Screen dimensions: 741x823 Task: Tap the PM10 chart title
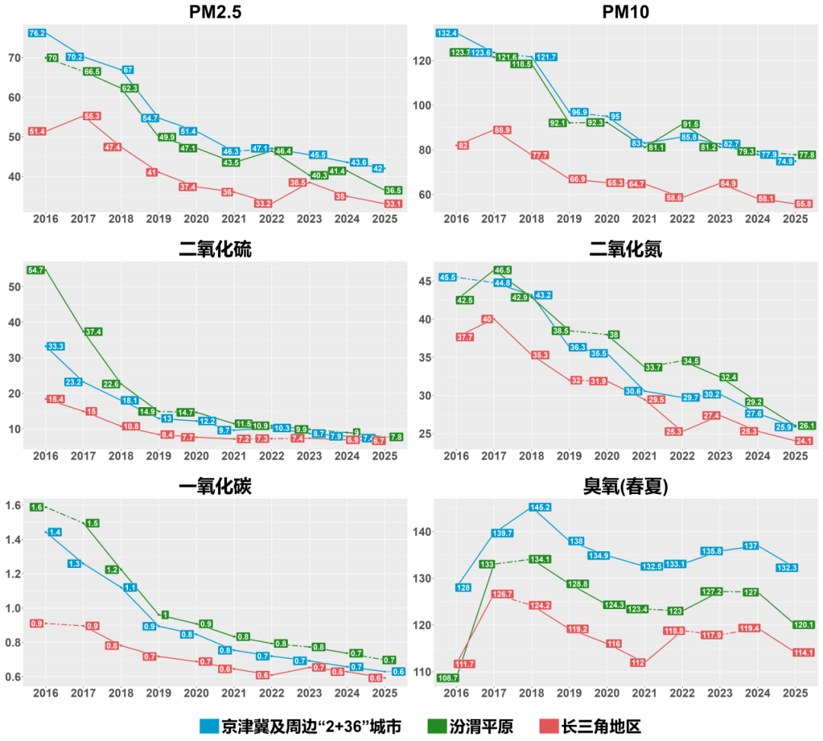pyautogui.click(x=625, y=13)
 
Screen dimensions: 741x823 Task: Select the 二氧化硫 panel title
pyautogui.click(x=214, y=249)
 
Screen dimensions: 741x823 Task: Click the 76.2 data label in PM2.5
pyautogui.click(x=37, y=34)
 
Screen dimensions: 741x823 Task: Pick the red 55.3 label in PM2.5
pyautogui.click(x=92, y=116)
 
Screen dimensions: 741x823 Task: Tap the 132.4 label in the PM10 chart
pyautogui.click(x=447, y=34)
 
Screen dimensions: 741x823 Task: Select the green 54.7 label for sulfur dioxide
pyautogui.click(x=36, y=270)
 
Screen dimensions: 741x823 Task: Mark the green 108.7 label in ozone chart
pyautogui.click(x=447, y=677)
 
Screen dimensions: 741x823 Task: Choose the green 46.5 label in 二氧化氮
pyautogui.click(x=502, y=270)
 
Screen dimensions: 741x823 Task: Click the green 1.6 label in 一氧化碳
pyautogui.click(x=37, y=507)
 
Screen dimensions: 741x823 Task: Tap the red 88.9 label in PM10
pyautogui.click(x=502, y=130)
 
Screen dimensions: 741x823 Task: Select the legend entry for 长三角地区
pyautogui.click(x=597, y=725)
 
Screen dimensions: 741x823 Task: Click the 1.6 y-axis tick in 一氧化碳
pyautogui.click(x=12, y=505)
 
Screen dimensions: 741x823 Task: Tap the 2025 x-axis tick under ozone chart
pyautogui.click(x=795, y=694)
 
